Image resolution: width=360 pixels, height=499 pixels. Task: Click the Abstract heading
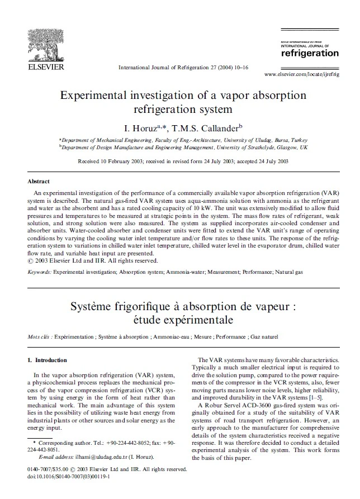tap(39, 182)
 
